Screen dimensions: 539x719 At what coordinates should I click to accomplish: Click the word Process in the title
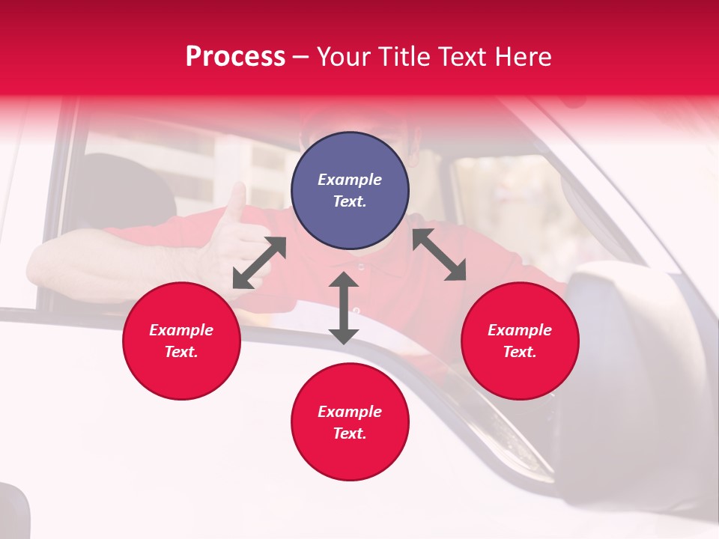pyautogui.click(x=235, y=57)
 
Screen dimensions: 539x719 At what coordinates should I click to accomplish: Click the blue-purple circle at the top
pyautogui.click(x=350, y=191)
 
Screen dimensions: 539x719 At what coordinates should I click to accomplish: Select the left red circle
pyautogui.click(x=181, y=341)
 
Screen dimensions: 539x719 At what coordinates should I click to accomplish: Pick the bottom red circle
pyautogui.click(x=350, y=422)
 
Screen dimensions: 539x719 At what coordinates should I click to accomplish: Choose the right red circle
pyautogui.click(x=519, y=341)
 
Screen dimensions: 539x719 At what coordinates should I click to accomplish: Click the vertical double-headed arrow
pyautogui.click(x=344, y=308)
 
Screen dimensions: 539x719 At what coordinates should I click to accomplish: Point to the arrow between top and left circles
pyautogui.click(x=259, y=263)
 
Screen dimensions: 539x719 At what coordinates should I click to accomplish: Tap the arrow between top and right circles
pyautogui.click(x=440, y=255)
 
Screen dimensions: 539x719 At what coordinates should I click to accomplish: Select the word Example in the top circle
pyautogui.click(x=350, y=180)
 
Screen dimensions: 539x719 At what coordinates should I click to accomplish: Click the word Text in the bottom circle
pyautogui.click(x=349, y=433)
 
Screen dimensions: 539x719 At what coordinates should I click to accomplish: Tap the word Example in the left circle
pyautogui.click(x=181, y=330)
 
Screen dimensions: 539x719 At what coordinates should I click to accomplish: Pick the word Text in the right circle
pyautogui.click(x=519, y=352)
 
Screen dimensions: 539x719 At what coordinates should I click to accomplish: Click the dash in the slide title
pyautogui.click(x=300, y=57)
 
